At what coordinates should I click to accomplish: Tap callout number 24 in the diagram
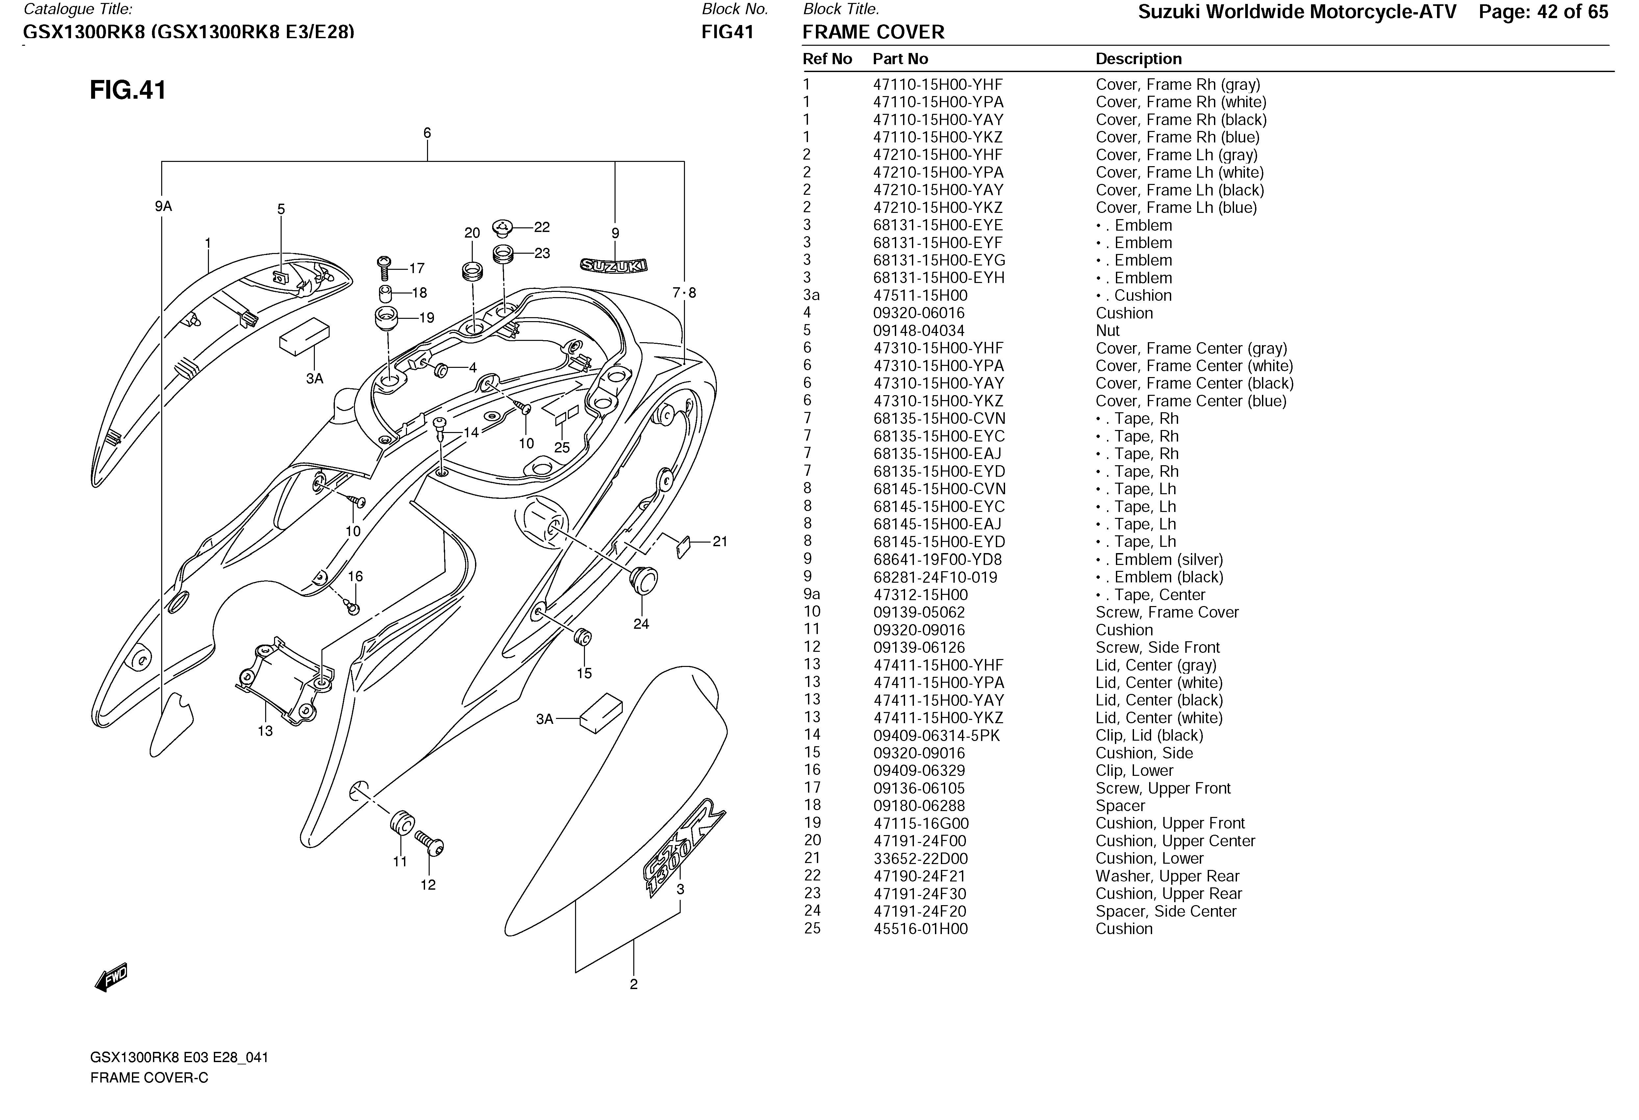(641, 624)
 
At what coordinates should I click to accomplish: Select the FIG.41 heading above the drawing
(128, 90)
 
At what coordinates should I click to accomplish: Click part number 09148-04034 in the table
(918, 331)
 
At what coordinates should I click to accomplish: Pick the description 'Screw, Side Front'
(1157, 648)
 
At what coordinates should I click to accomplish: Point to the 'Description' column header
(1138, 59)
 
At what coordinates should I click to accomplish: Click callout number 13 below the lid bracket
(265, 731)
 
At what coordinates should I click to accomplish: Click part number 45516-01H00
(920, 929)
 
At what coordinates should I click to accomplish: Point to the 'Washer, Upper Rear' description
(1167, 876)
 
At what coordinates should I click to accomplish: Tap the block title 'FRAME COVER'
(873, 33)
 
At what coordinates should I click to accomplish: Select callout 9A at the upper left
(164, 206)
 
